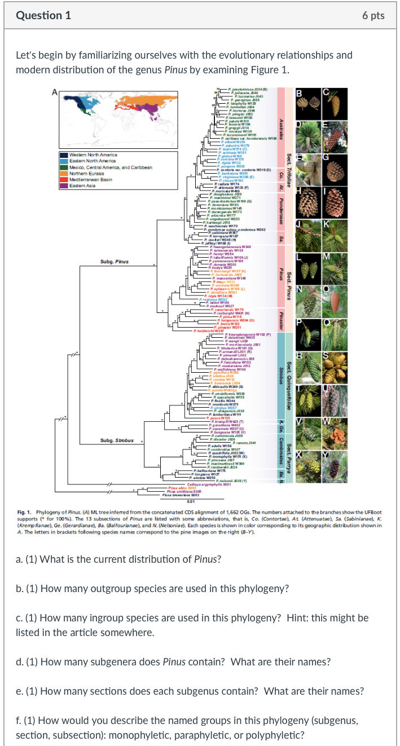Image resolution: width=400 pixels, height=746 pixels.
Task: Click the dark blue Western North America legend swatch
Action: click(x=64, y=155)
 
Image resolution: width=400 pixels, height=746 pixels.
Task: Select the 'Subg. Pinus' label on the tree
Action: click(x=115, y=262)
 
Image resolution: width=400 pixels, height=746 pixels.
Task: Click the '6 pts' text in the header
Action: click(x=373, y=16)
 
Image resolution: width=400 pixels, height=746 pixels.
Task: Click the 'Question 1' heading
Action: click(x=43, y=16)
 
